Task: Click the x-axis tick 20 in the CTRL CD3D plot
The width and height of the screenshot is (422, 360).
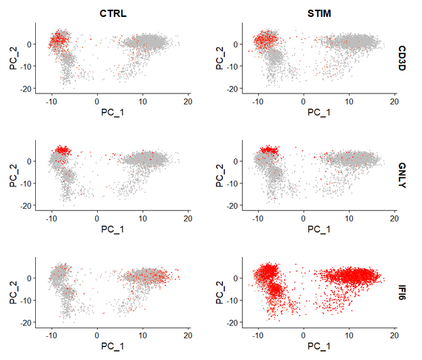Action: [x=188, y=101]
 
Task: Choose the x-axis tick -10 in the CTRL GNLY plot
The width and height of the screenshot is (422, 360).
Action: [x=51, y=218]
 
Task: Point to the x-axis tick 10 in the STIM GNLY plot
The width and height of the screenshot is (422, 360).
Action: [x=350, y=218]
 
